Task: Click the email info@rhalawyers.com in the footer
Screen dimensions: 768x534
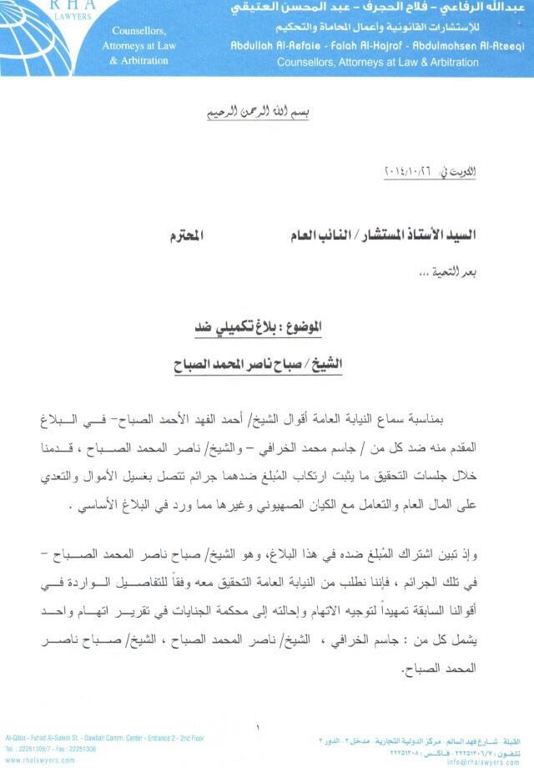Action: (x=482, y=761)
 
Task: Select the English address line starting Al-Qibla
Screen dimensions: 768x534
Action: (x=104, y=738)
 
